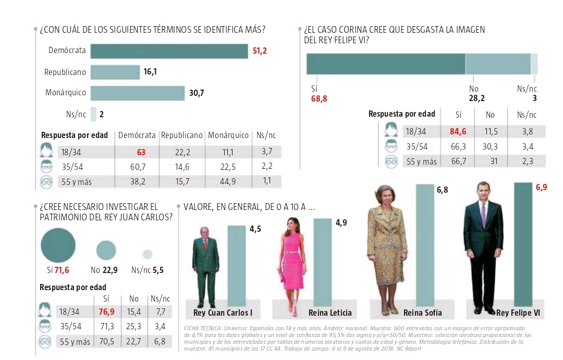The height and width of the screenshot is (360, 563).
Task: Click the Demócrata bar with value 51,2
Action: pyautogui.click(x=169, y=51)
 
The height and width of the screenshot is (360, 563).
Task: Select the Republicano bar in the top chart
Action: pyautogui.click(x=115, y=72)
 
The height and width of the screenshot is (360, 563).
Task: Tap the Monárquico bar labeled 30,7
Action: pyautogui.click(x=138, y=93)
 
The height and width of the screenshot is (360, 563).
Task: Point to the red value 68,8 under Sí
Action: pyautogui.click(x=319, y=98)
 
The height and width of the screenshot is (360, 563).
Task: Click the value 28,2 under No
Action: pyautogui.click(x=477, y=98)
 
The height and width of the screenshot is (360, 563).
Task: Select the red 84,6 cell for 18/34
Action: pyautogui.click(x=459, y=131)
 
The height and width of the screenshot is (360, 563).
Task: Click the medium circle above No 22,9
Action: pyautogui.click(x=106, y=250)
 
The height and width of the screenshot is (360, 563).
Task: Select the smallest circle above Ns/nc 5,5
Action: pyautogui.click(x=148, y=254)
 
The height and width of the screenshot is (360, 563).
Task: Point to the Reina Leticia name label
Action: pyautogui.click(x=329, y=313)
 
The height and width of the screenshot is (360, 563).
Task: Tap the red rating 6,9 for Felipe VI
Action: pyautogui.click(x=541, y=186)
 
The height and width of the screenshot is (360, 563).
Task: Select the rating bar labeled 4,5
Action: pyautogui.click(x=236, y=266)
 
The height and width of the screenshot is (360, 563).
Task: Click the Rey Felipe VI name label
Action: pyautogui.click(x=518, y=313)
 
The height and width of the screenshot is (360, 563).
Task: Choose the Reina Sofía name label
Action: pyautogui.click(x=422, y=313)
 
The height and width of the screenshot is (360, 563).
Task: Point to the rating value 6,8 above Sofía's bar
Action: pyautogui.click(x=442, y=190)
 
